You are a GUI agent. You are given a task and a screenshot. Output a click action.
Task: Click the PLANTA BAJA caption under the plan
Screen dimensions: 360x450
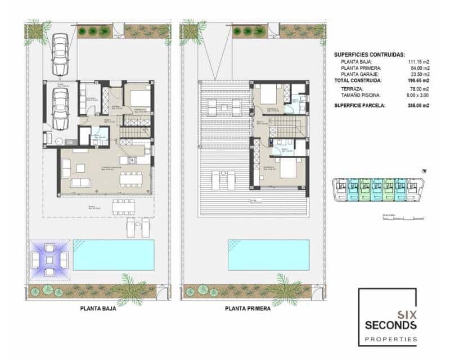point(98,308)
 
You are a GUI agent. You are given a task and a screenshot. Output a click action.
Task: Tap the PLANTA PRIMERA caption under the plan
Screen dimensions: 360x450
point(247,308)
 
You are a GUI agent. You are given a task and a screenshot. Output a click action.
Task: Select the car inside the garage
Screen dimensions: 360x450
point(60,107)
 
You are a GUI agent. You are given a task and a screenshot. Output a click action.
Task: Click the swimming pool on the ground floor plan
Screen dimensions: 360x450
point(114,254)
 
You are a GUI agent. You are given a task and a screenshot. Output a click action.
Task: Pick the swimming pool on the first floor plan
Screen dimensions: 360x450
point(269,254)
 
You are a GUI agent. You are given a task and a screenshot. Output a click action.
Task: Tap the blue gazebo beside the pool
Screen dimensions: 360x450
point(49,259)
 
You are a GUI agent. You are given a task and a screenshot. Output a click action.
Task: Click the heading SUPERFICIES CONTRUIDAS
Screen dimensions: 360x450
point(369,55)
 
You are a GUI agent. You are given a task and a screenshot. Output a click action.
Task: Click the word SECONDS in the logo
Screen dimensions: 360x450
point(390,325)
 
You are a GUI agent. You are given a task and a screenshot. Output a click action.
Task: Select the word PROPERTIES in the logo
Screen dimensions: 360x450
point(390,339)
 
